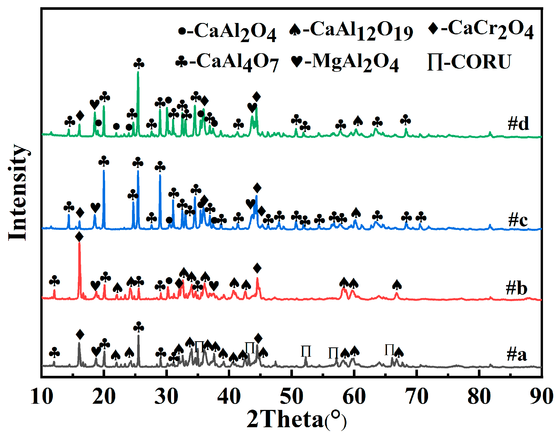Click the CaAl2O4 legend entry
227,32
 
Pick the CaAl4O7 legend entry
227,62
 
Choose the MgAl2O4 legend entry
345,62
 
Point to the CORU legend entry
469,62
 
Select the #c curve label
518,220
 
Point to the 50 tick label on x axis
292,396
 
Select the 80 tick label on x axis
479,396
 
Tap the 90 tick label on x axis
541,396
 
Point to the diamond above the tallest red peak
79,237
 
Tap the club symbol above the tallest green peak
139,64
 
